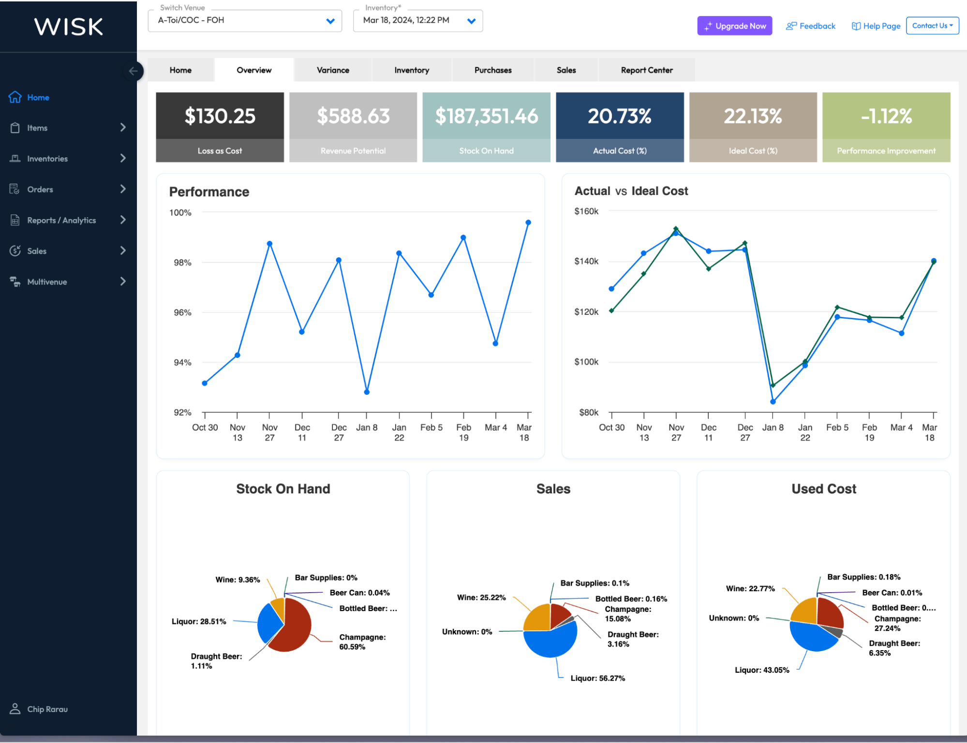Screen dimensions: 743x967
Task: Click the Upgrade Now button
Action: click(x=734, y=26)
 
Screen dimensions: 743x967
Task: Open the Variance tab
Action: click(x=333, y=70)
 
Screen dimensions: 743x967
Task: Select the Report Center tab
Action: click(x=646, y=70)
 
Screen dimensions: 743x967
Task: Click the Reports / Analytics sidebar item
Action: click(x=61, y=220)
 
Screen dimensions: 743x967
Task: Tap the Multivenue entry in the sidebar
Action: click(x=47, y=282)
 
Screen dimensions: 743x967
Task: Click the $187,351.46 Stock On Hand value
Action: click(x=486, y=116)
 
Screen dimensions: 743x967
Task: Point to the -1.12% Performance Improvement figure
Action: click(x=886, y=116)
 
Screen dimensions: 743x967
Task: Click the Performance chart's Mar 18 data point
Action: click(x=528, y=223)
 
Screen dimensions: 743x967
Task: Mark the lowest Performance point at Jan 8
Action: click(x=367, y=392)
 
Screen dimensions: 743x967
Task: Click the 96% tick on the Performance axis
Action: click(x=182, y=312)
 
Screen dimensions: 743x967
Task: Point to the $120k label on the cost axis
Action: click(x=586, y=312)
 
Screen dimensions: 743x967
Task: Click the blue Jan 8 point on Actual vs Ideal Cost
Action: click(x=773, y=401)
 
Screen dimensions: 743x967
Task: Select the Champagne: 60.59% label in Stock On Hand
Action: click(x=362, y=642)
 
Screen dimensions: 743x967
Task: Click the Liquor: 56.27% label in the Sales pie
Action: click(x=597, y=678)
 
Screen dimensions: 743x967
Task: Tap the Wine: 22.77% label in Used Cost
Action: click(x=750, y=588)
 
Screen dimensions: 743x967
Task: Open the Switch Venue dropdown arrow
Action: click(x=330, y=21)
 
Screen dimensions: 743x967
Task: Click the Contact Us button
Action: click(x=932, y=26)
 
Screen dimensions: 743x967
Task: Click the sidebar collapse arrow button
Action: click(x=133, y=71)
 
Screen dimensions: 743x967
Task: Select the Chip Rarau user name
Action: click(x=47, y=709)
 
